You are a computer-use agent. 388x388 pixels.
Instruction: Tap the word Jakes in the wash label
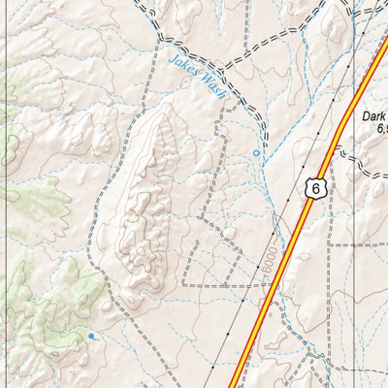pyautogui.click(x=181, y=64)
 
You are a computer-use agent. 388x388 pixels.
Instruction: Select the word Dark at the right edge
pyautogui.click(x=374, y=114)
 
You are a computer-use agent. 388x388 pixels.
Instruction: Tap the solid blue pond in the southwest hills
pyautogui.click(x=92, y=336)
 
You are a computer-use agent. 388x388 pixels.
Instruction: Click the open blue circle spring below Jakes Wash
pyautogui.click(x=257, y=153)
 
